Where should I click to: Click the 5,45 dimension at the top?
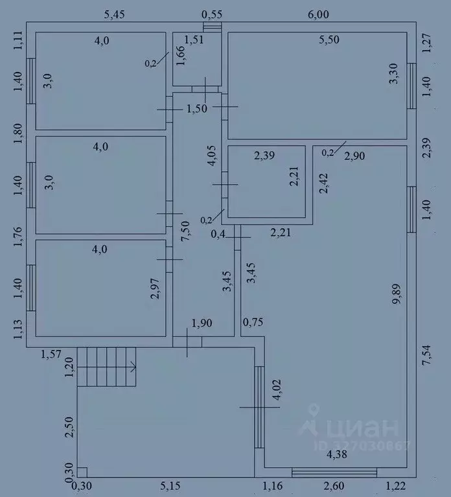(x=115, y=15)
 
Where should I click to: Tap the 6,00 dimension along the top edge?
(x=319, y=15)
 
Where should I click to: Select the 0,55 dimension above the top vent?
(x=212, y=15)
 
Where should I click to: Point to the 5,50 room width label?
(x=329, y=40)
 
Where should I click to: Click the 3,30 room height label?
(x=393, y=73)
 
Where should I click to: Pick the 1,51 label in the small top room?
(x=194, y=40)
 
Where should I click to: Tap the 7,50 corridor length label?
(x=185, y=231)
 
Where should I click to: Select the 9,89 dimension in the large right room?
(x=397, y=294)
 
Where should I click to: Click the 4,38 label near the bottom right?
(x=337, y=454)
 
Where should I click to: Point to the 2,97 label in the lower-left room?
(x=155, y=289)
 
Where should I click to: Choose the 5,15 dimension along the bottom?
(x=170, y=486)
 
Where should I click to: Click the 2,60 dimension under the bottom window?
(x=334, y=486)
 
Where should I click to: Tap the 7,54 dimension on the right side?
(x=427, y=355)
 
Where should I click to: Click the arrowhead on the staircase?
(x=133, y=367)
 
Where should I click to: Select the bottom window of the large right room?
(x=334, y=472)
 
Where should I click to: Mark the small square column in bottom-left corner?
(x=82, y=472)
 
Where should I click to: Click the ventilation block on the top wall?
(x=213, y=27)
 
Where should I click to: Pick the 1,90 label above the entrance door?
(x=202, y=323)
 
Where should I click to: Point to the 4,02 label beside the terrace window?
(x=277, y=389)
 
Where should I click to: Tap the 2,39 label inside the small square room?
(x=264, y=156)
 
